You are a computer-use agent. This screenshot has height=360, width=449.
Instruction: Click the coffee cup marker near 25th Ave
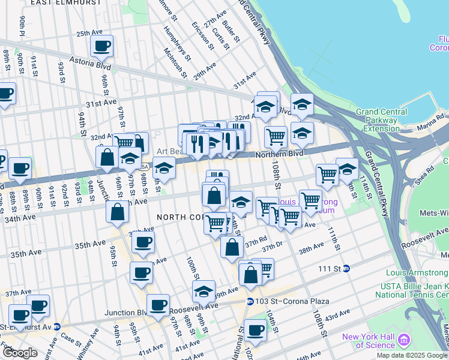tap(101, 46)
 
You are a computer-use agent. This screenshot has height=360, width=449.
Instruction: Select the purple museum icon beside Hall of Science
tap(403, 341)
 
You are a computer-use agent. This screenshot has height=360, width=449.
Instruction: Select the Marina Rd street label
tap(432, 118)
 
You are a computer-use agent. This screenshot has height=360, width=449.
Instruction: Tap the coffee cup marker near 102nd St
tap(255, 329)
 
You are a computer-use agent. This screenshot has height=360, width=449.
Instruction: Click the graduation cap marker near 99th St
tap(203, 292)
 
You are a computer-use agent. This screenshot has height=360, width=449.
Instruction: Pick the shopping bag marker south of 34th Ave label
tap(118, 212)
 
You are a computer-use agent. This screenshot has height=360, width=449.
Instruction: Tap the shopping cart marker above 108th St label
tap(276, 136)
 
